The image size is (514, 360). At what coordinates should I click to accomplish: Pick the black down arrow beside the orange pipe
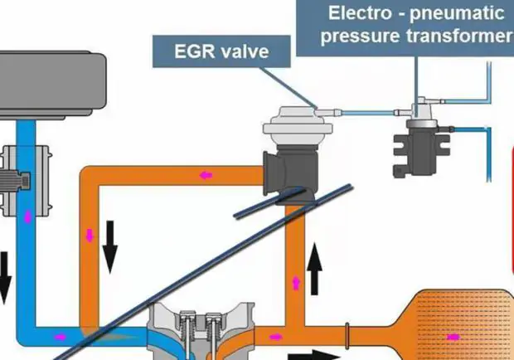(109, 246)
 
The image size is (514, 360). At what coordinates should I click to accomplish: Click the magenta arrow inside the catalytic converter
(453, 337)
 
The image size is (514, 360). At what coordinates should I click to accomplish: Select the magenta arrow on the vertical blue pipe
(31, 217)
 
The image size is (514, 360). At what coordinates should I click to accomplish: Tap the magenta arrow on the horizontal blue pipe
(60, 337)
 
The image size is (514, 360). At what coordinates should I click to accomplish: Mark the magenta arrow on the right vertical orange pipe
(296, 284)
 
